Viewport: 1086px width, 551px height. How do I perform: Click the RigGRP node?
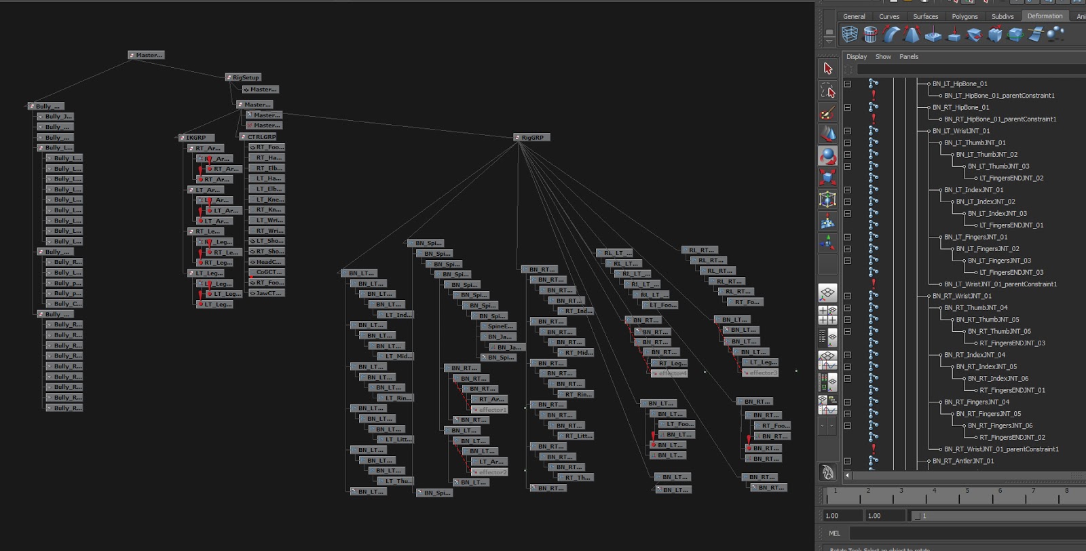click(x=532, y=137)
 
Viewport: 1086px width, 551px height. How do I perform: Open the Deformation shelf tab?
click(x=1045, y=16)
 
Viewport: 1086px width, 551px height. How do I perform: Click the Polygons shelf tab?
click(x=965, y=16)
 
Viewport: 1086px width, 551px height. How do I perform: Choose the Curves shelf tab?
click(x=889, y=16)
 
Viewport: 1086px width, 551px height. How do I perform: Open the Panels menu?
click(x=909, y=57)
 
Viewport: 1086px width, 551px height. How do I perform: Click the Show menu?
click(x=883, y=57)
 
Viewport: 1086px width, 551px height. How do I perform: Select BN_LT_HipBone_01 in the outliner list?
click(x=960, y=84)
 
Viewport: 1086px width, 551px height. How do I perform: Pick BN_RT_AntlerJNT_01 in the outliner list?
click(x=962, y=461)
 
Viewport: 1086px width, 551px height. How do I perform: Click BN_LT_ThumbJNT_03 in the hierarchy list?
click(x=998, y=166)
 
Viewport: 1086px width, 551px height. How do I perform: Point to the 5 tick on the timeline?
click(x=967, y=491)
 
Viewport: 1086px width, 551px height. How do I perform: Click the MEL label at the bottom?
click(x=834, y=533)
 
